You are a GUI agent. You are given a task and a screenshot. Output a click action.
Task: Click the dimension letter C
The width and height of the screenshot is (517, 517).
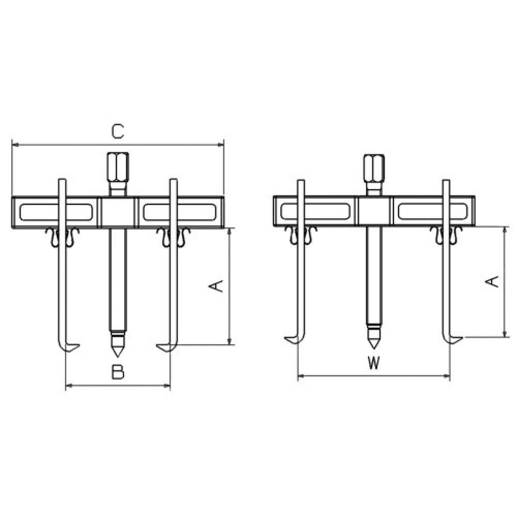(x=117, y=131)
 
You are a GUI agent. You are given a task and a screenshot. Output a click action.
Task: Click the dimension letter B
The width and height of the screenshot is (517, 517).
(x=118, y=372)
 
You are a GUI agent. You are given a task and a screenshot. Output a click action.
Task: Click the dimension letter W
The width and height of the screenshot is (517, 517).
(x=374, y=363)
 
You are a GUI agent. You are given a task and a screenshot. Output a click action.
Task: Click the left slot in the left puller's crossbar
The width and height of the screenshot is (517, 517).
(x=56, y=212)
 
